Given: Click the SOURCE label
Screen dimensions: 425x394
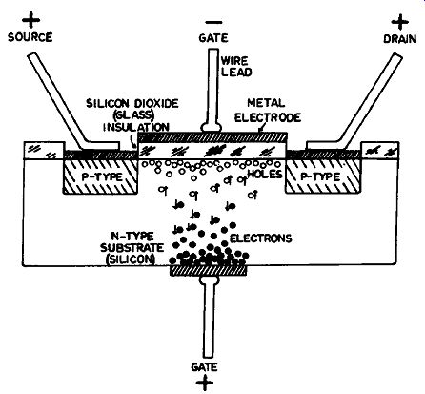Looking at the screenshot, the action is [x=30, y=37].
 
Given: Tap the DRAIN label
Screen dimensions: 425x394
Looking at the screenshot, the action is [x=400, y=39].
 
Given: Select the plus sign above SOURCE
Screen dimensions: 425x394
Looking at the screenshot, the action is [x=30, y=20].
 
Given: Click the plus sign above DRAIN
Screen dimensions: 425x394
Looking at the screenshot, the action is [x=400, y=22].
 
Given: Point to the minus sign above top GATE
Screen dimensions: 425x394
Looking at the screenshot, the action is [x=213, y=22].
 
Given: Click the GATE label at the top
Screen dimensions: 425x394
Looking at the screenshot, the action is [x=213, y=38].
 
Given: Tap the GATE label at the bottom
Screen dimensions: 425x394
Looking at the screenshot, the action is [x=204, y=367].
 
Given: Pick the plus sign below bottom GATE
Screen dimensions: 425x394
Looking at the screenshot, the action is [x=205, y=383].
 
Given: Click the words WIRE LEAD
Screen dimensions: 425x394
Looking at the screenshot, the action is [x=236, y=67].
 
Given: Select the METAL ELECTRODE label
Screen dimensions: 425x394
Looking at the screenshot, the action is [x=268, y=111].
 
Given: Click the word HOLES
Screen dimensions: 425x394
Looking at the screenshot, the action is [x=265, y=174].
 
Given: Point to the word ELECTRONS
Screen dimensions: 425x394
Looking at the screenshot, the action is [x=260, y=238].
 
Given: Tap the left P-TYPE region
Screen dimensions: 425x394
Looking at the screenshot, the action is [x=101, y=176].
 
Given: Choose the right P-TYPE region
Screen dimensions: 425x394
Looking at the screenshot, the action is [x=323, y=176].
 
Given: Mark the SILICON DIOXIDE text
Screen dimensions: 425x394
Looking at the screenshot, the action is [x=132, y=104].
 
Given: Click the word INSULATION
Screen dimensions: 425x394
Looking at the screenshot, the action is [x=136, y=127].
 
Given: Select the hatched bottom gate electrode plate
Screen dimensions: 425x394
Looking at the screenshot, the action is [x=209, y=271].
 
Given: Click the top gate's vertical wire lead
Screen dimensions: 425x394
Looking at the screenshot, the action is [x=212, y=88].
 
